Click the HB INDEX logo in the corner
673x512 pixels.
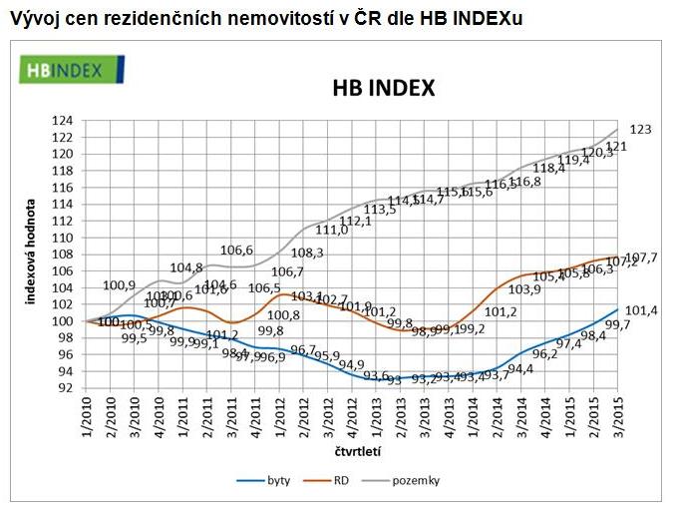71,69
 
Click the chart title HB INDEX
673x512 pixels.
383,89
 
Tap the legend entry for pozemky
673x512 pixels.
418,480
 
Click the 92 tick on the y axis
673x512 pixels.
76,388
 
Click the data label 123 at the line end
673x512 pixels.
641,130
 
